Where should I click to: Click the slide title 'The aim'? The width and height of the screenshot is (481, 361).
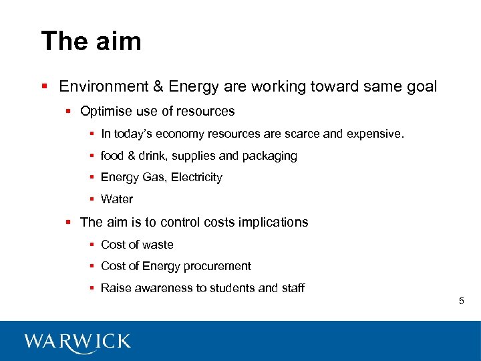click(91, 41)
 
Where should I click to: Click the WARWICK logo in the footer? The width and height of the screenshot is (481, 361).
click(77, 342)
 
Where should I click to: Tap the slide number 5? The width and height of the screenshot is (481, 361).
click(461, 302)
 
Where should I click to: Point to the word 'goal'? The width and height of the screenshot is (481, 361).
click(422, 87)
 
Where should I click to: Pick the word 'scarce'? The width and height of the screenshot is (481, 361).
click(303, 134)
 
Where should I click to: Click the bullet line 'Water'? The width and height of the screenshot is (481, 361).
click(117, 199)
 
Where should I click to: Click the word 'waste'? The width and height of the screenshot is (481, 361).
click(157, 245)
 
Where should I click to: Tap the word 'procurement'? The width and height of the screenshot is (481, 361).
click(218, 266)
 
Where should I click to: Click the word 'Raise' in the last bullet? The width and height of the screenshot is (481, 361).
click(115, 288)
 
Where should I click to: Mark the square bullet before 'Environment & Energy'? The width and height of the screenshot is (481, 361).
click(44, 87)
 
